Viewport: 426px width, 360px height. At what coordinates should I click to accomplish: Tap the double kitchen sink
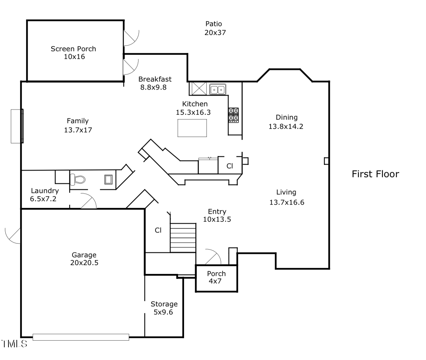coord(218,90)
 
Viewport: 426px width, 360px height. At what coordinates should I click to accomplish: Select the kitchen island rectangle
coord(192,128)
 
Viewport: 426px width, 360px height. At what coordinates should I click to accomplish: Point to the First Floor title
coord(375,174)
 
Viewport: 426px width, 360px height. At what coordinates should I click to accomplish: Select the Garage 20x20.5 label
coord(84,259)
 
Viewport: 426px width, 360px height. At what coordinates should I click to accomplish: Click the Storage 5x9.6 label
coord(164,308)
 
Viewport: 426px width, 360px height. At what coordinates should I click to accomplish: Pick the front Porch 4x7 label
coord(216,277)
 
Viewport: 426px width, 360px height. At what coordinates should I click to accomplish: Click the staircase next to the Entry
coord(183,238)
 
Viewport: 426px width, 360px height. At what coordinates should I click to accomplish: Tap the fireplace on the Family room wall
coord(17,126)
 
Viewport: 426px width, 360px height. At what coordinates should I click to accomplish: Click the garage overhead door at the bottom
coord(81,337)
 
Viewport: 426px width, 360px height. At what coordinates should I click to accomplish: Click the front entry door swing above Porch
coord(212,257)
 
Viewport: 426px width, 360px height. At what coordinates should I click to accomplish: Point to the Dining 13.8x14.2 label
coord(286,122)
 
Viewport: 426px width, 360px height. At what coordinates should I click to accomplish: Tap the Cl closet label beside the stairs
coord(158,230)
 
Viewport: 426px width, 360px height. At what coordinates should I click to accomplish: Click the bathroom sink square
coord(108,180)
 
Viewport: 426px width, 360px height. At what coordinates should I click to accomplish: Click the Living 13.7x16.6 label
coord(286,197)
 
